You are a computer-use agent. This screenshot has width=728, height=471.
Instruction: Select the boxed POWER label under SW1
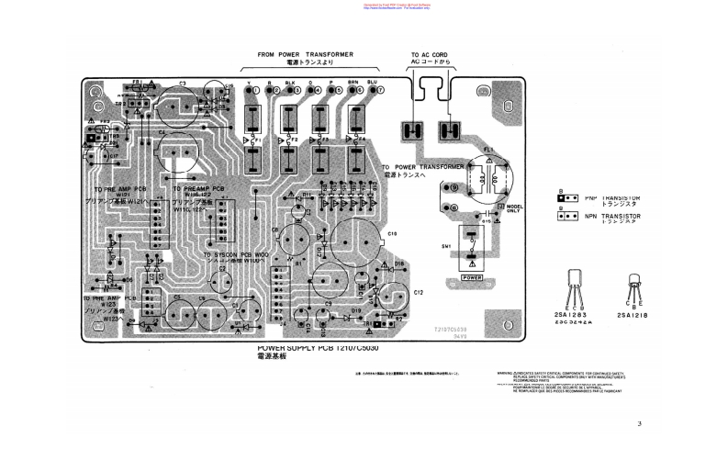click(472, 276)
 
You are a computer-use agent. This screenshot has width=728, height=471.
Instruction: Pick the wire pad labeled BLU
click(373, 91)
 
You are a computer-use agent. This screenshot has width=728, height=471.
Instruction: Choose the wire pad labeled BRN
click(352, 91)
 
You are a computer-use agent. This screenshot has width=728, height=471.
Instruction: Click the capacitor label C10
click(392, 235)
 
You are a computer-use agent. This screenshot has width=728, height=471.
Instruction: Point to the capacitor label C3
click(183, 84)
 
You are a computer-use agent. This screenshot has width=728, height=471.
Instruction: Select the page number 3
click(639, 423)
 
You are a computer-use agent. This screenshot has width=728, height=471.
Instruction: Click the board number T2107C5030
click(451, 328)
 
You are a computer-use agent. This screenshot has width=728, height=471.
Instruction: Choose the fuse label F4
click(361, 140)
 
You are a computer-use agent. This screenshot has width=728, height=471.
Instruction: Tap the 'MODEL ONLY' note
click(514, 210)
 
